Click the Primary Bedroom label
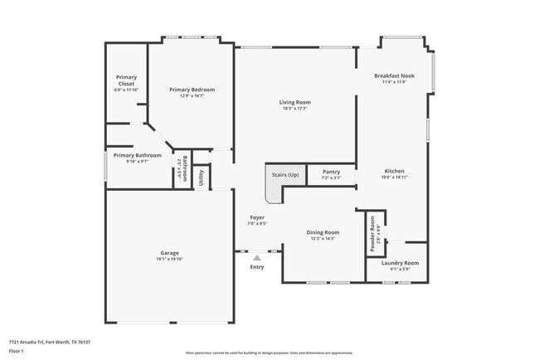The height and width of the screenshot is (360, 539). [x=192, y=90]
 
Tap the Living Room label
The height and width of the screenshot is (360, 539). [x=294, y=102]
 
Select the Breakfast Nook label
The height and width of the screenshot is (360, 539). [x=394, y=75]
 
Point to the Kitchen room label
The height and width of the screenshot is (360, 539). [x=394, y=172]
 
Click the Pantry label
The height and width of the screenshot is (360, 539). [x=330, y=172]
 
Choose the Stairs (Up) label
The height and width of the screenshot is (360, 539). [x=280, y=174]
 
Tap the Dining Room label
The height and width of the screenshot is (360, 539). [x=323, y=232]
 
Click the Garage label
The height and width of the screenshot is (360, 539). [x=169, y=253]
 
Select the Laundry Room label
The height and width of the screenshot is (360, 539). [x=400, y=263]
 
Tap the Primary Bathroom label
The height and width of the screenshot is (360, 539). [x=137, y=155]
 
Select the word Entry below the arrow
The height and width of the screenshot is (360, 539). [x=257, y=267]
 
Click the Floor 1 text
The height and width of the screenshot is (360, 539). [x=17, y=351]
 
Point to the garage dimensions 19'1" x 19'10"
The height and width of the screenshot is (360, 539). [x=169, y=259]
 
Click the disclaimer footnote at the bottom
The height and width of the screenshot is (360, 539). [x=269, y=353]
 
